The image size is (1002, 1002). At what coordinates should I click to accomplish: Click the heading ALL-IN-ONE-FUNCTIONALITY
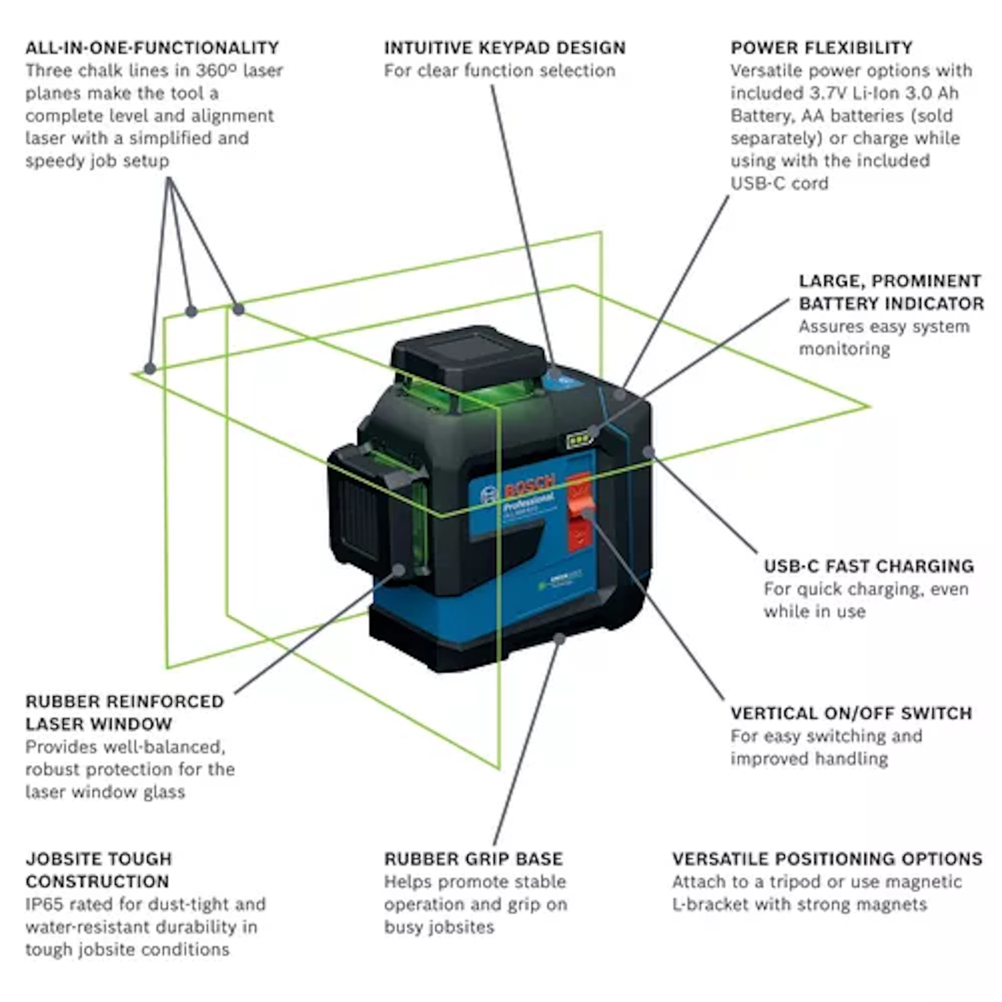coord(152,48)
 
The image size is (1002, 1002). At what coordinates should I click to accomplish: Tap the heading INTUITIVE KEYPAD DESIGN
coord(504,48)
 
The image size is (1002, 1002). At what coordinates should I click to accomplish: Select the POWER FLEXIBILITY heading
coord(821,48)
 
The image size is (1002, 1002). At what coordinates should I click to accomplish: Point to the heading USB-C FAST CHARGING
coord(868,566)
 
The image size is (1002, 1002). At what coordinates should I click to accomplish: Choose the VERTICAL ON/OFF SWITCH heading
coord(851,713)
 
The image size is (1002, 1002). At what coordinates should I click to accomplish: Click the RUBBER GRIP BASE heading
coord(473,859)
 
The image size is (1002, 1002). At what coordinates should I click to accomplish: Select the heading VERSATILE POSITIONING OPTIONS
coord(827,859)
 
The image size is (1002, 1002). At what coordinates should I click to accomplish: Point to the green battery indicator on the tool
coord(578,440)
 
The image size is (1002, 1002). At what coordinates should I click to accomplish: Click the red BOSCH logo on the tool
coord(529,485)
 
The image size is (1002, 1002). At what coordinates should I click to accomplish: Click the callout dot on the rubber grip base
coord(559,639)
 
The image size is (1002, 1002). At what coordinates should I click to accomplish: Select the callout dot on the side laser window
coord(398,570)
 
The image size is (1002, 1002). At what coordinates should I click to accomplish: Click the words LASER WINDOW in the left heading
coord(99,724)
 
